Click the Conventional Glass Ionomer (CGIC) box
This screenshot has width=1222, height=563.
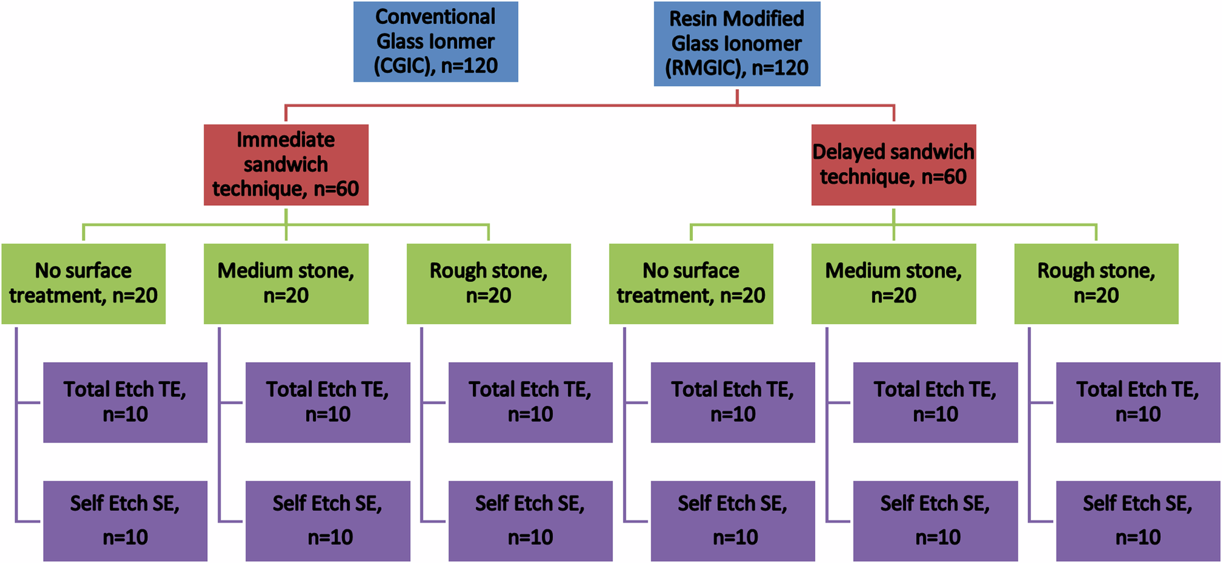click(436, 42)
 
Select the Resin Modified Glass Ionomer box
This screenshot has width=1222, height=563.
click(737, 43)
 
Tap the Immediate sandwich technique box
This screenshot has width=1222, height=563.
click(286, 165)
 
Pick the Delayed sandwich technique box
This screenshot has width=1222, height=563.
click(893, 165)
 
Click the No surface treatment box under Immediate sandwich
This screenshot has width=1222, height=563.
click(84, 283)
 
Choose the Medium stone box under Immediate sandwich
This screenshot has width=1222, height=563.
click(286, 283)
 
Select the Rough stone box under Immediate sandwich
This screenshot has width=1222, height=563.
click(489, 283)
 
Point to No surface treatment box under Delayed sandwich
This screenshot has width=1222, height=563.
click(691, 283)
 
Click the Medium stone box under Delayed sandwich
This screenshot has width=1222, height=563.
click(893, 283)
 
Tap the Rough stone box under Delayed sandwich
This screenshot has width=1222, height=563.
click(1096, 283)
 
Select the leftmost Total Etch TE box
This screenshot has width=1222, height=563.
click(125, 402)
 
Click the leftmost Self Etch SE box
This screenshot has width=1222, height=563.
click(125, 520)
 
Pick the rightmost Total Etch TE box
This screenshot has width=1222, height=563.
click(1138, 402)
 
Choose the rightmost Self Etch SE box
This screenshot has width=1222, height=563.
click(1138, 520)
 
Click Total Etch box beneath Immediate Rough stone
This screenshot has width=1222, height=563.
click(530, 402)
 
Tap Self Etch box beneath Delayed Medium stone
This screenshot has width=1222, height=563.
click(935, 520)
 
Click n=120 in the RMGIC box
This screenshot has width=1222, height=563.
click(780, 68)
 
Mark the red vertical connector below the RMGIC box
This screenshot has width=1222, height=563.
click(737, 96)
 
